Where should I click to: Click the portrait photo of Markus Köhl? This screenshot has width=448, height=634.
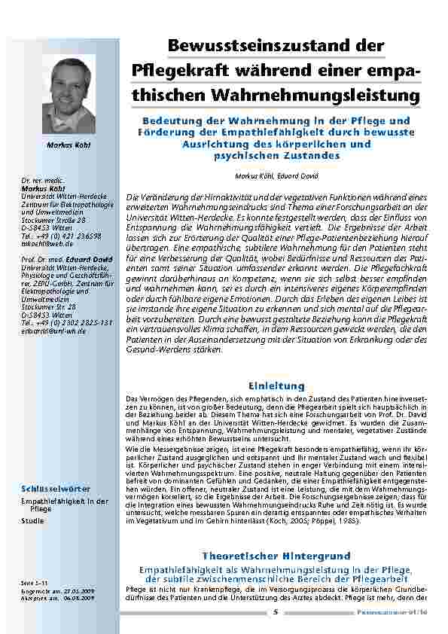69,96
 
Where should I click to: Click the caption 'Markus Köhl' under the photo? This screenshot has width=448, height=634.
69,145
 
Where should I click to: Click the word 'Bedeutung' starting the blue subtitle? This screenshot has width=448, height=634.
169,120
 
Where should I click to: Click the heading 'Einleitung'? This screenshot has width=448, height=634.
277,386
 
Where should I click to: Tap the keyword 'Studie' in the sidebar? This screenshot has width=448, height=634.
32,520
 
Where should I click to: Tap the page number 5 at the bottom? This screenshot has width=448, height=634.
276,611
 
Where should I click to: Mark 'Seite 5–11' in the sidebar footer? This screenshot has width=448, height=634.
35,582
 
